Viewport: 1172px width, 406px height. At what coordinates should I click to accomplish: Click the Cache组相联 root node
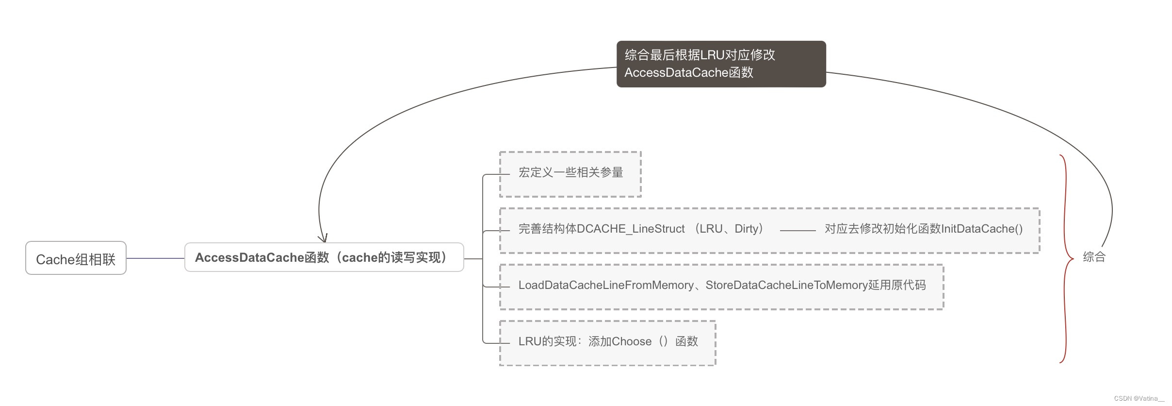pos(76,258)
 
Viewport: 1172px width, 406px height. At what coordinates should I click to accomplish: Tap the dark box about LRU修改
pos(721,64)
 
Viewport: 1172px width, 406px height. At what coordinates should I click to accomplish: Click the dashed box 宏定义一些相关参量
pos(570,173)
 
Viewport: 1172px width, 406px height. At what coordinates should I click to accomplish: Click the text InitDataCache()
pos(982,229)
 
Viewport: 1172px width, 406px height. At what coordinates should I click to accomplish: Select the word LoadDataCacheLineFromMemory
pos(606,285)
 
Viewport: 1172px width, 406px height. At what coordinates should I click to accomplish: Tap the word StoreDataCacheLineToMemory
pos(786,285)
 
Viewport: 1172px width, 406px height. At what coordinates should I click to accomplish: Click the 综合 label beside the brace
pos(1094,257)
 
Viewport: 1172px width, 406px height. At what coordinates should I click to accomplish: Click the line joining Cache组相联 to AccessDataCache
pos(155,258)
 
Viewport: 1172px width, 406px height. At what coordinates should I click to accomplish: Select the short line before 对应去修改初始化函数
pos(798,230)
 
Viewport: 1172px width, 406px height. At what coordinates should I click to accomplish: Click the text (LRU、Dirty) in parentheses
pos(730,229)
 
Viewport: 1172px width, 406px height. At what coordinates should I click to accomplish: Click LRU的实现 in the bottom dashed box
pos(547,341)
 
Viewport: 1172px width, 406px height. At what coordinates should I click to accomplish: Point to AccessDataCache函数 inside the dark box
pos(688,73)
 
